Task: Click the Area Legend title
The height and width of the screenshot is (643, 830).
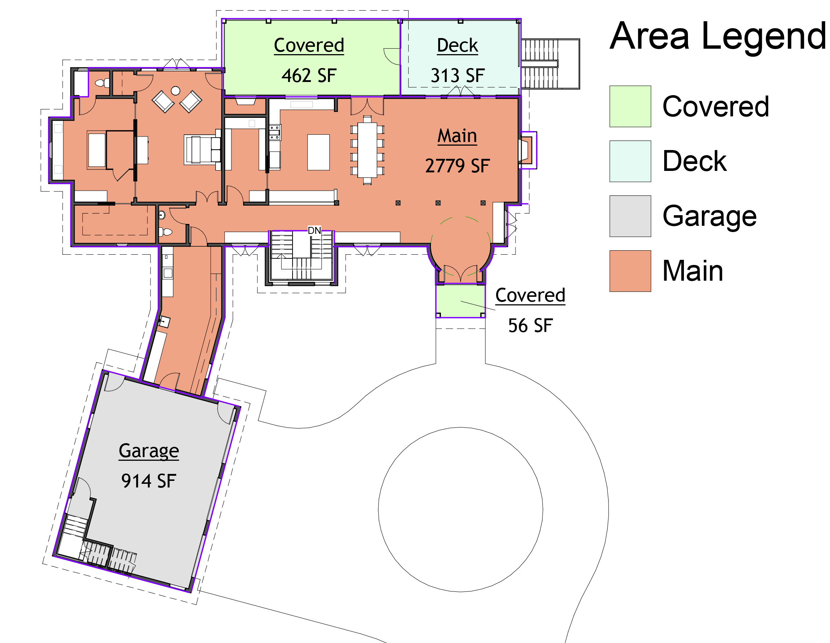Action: point(718,37)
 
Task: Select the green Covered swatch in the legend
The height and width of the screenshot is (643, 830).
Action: point(630,106)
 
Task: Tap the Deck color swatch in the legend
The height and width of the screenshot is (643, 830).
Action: point(630,161)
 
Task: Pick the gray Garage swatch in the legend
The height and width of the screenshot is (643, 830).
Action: point(630,216)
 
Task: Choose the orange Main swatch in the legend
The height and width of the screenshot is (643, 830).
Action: point(630,271)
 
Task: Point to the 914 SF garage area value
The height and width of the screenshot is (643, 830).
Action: point(149,481)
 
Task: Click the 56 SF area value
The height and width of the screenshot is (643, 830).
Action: point(530,326)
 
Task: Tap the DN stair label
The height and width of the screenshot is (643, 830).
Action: point(314,231)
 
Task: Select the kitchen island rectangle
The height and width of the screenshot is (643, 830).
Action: point(319,152)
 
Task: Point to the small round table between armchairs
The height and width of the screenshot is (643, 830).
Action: point(176,91)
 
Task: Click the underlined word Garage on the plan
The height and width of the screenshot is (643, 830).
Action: point(149,451)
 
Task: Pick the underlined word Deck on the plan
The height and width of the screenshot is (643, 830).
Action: point(457,46)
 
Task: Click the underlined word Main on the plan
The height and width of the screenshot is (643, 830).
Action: point(457,136)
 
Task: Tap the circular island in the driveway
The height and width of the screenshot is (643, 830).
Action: point(460,509)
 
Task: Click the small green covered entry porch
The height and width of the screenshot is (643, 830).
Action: point(460,300)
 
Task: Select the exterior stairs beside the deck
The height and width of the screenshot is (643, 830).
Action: point(550,64)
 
